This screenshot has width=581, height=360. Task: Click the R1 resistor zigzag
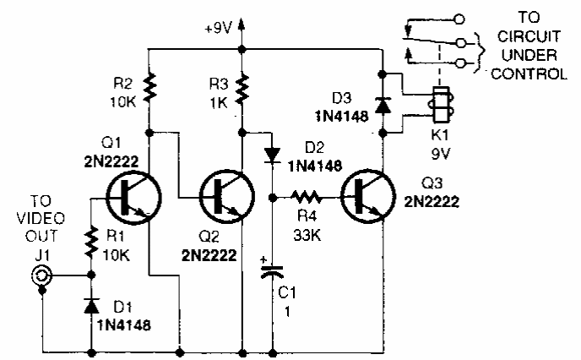90,245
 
